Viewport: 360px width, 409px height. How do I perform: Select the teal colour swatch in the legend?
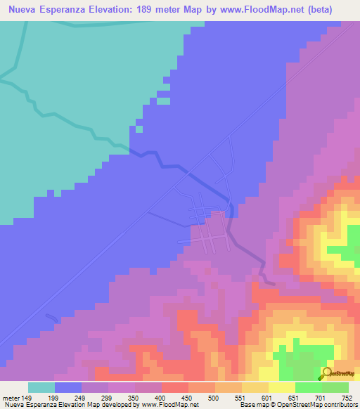pos(41,387)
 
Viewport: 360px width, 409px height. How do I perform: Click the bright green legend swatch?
pos(308,387)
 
